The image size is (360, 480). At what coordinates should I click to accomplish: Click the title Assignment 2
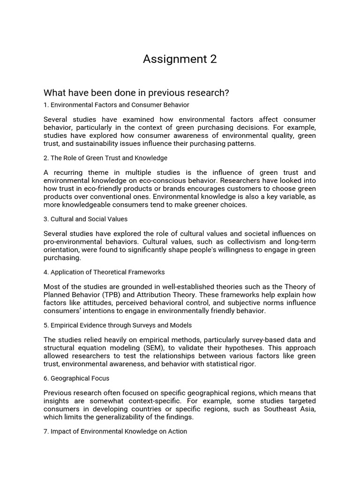[180, 59]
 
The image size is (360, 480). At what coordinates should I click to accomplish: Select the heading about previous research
[136, 93]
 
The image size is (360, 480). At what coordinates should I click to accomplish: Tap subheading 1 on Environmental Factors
[116, 105]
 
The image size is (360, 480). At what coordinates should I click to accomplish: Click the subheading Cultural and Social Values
[85, 219]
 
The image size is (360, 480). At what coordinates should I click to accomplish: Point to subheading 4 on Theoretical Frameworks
[104, 272]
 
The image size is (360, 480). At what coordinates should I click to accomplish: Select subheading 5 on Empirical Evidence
[118, 325]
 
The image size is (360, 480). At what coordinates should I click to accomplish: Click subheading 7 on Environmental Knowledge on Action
[115, 431]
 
